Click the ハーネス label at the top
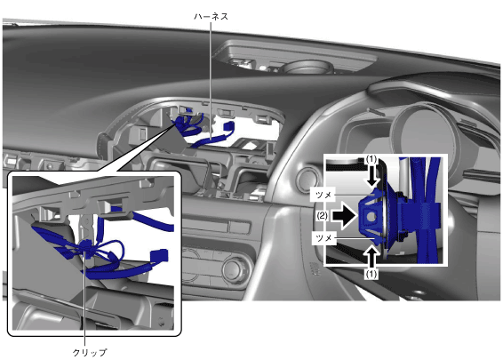tap(211, 17)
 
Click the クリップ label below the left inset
tap(90, 352)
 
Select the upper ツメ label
tap(323, 195)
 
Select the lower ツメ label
tap(323, 238)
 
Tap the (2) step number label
tap(322, 216)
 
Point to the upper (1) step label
tap(371, 159)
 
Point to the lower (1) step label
tap(371, 274)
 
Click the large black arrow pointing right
tap(345, 216)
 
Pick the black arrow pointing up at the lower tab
tap(371, 257)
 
